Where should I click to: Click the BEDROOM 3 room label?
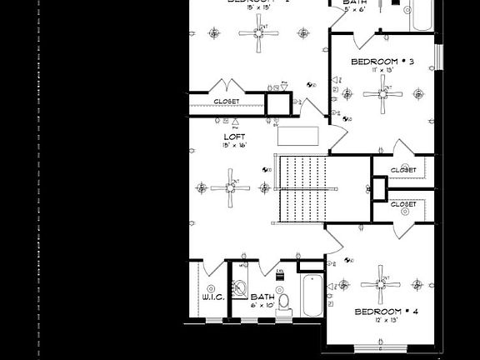coord(382,62)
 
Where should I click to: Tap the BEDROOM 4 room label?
coord(387,312)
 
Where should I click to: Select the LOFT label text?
coord(232,137)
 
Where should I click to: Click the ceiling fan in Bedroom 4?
coord(382,286)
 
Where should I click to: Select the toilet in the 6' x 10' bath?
coord(283,302)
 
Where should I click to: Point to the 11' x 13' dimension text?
coord(382,70)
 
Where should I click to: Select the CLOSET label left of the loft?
coord(226,102)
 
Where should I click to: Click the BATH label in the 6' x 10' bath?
coord(262,297)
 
